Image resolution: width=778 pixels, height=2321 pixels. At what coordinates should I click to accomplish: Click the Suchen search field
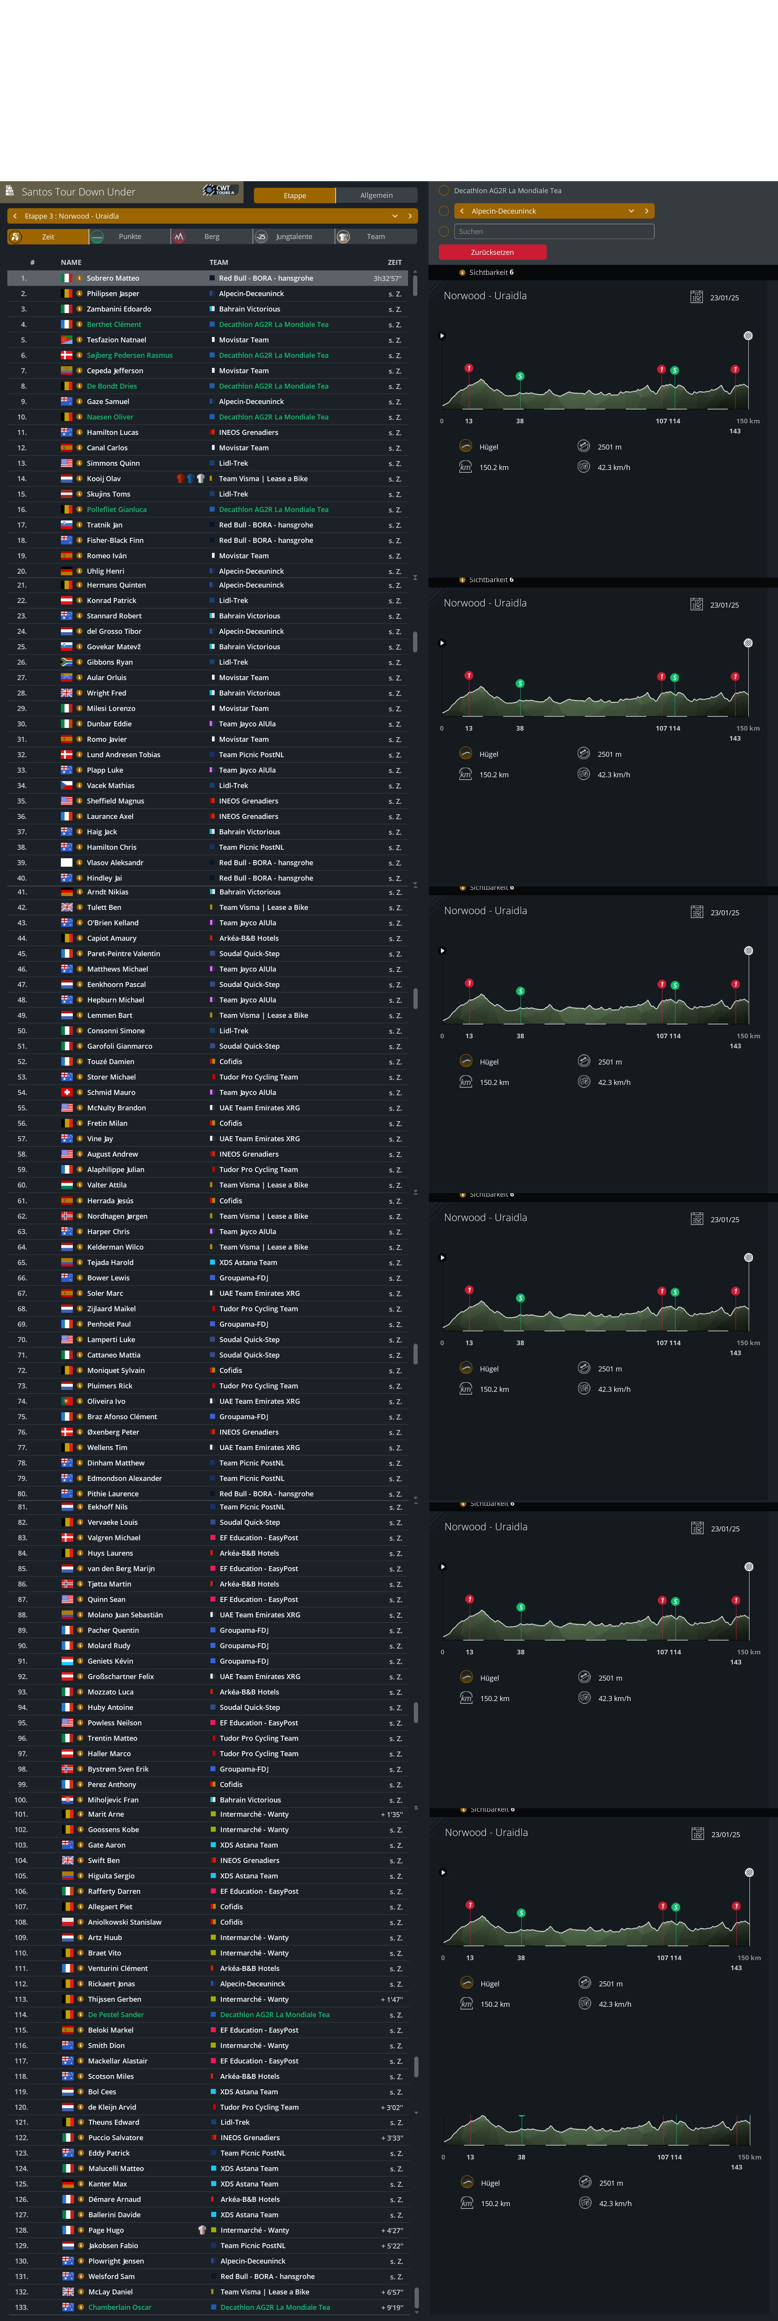point(554,232)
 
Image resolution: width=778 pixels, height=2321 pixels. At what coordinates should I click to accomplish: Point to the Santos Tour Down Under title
point(78,192)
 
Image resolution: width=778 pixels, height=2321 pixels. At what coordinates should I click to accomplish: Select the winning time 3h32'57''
point(387,278)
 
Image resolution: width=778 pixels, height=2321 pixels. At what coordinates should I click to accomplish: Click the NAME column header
point(71,262)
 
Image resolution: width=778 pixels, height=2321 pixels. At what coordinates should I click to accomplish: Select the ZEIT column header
point(395,262)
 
